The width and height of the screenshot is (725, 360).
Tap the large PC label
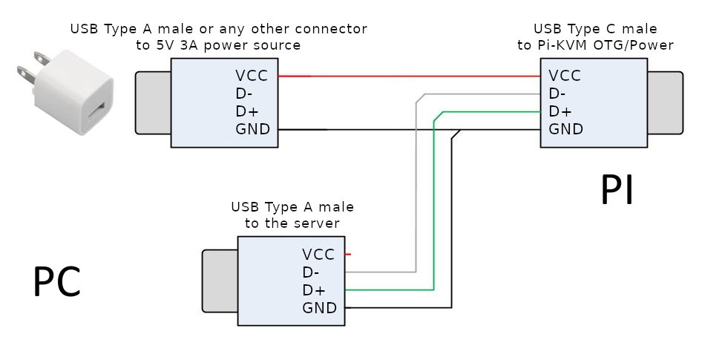(56, 283)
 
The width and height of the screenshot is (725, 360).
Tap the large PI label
(617, 192)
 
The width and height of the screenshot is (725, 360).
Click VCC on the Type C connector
(565, 76)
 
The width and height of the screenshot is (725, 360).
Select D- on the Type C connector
(560, 94)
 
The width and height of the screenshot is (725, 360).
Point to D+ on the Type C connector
(561, 111)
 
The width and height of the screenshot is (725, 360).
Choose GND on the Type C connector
(565, 130)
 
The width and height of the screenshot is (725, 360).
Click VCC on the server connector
(319, 255)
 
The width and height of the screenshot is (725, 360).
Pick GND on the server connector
(319, 308)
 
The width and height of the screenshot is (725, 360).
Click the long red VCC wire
(408, 76)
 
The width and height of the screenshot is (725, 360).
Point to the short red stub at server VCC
(347, 255)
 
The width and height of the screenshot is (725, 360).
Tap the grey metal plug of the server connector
(220, 281)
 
